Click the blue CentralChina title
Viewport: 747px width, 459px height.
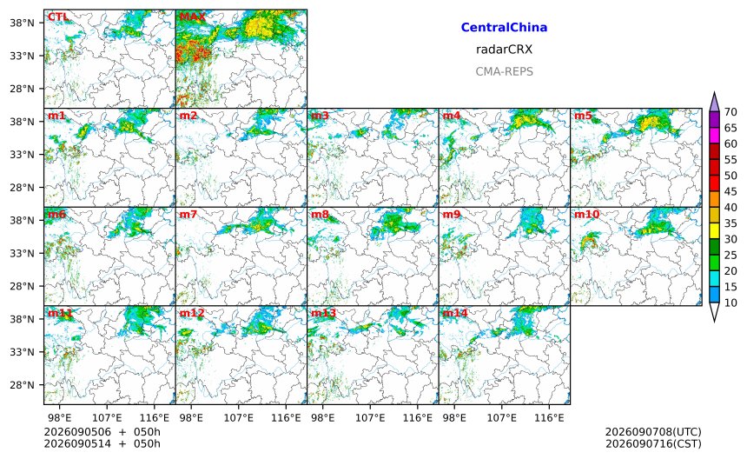tap(504, 27)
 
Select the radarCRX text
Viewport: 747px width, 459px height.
tap(504, 50)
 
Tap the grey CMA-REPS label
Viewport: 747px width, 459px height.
tap(504, 71)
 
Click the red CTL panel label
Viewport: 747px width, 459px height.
tap(58, 17)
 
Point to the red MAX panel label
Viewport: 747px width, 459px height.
tap(193, 17)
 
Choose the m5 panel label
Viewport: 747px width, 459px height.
tap(583, 116)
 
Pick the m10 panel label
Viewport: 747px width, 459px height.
tap(586, 215)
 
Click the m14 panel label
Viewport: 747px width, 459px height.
tap(455, 313)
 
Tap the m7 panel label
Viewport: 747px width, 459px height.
tap(188, 215)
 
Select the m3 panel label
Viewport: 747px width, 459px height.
tap(321, 116)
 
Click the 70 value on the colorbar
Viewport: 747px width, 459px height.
tap(730, 112)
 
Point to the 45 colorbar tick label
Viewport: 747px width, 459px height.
tap(730, 191)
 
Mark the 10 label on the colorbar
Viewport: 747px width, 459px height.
tap(730, 303)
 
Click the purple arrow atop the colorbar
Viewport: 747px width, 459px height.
tap(714, 102)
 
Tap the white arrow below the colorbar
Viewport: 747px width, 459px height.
tap(714, 312)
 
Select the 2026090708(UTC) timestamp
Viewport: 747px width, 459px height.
tap(653, 432)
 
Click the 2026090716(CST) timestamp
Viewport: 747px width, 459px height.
tap(653, 443)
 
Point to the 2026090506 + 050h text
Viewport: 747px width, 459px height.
tap(102, 432)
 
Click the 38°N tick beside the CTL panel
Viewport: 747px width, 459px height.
tap(23, 23)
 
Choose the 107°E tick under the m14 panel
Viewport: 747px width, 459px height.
tap(502, 418)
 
